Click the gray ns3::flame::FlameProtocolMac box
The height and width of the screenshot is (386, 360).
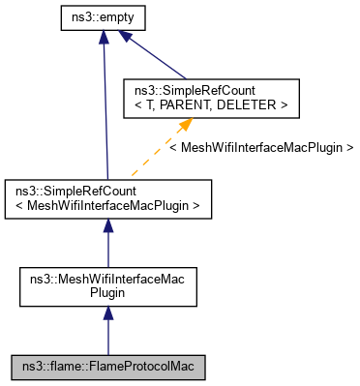point(107,367)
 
